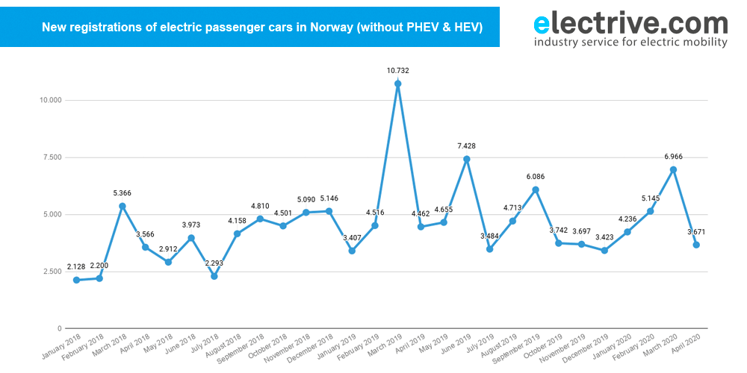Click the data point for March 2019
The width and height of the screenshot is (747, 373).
(397, 84)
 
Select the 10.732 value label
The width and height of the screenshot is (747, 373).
(397, 71)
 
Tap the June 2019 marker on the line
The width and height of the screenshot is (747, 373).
(466, 159)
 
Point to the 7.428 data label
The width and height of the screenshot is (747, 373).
(466, 146)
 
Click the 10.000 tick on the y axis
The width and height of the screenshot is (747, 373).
(51, 100)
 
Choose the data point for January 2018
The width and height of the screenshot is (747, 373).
(76, 280)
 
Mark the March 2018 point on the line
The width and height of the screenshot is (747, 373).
(123, 206)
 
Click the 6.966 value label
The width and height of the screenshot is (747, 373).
(673, 157)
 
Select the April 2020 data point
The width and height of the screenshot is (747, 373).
(696, 245)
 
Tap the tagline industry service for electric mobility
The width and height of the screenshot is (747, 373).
(630, 43)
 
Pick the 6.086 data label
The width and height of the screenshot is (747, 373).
(536, 177)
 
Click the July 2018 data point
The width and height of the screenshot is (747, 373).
(214, 276)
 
